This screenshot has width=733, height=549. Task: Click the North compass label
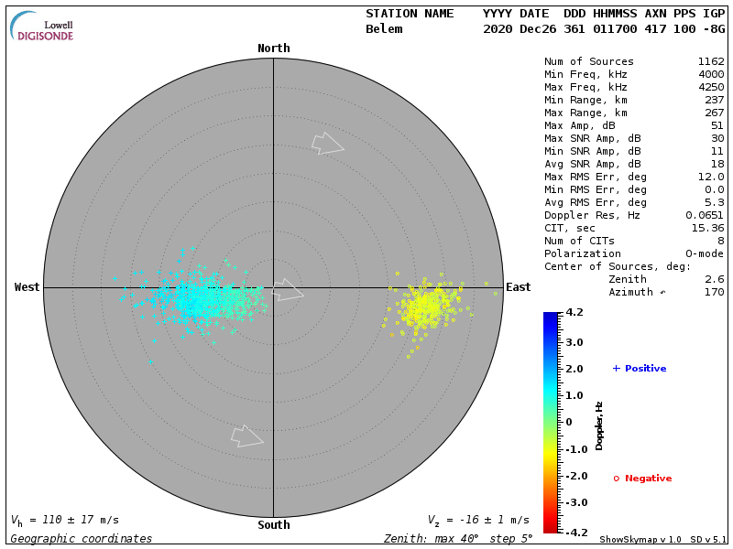273,48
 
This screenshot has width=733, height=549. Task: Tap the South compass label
273,525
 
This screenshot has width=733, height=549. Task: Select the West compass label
27,287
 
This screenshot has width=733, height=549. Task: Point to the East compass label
519,287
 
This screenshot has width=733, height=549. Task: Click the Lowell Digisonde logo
43,27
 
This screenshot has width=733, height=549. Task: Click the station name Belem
384,29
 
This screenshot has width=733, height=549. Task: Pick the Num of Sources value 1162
710,61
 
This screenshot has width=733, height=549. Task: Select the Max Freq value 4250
710,87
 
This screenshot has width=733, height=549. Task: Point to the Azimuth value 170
714,292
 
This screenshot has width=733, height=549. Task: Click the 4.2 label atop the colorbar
574,312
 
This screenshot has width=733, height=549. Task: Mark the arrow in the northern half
327,143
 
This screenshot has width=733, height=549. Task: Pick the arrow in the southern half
246,436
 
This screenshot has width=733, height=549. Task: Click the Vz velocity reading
477,520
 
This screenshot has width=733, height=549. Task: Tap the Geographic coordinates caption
82,539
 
